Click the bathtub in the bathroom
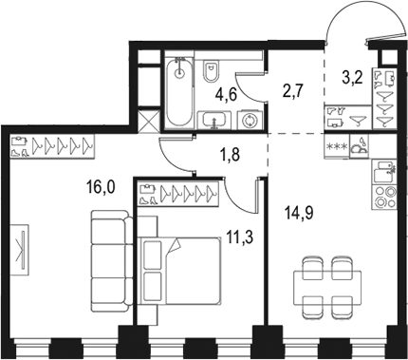tap(177, 93)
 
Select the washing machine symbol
tap(250, 121)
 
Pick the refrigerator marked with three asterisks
tap(336, 146)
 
